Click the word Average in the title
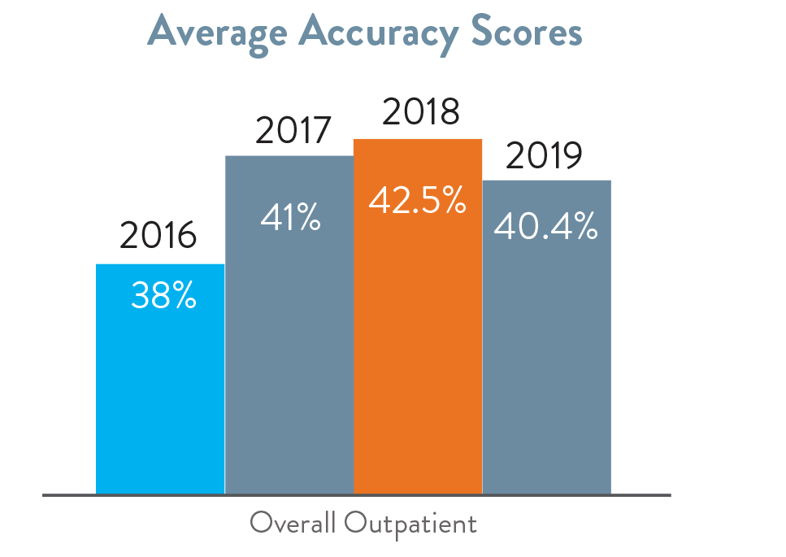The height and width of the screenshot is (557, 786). click(217, 33)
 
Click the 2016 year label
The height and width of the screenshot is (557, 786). click(159, 237)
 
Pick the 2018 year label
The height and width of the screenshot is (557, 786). click(420, 114)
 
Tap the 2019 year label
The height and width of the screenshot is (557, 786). click(544, 157)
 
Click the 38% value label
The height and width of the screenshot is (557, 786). click(163, 297)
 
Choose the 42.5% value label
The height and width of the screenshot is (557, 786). click(417, 200)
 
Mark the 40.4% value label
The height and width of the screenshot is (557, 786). click(545, 228)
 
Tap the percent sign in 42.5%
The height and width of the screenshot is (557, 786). click(451, 201)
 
